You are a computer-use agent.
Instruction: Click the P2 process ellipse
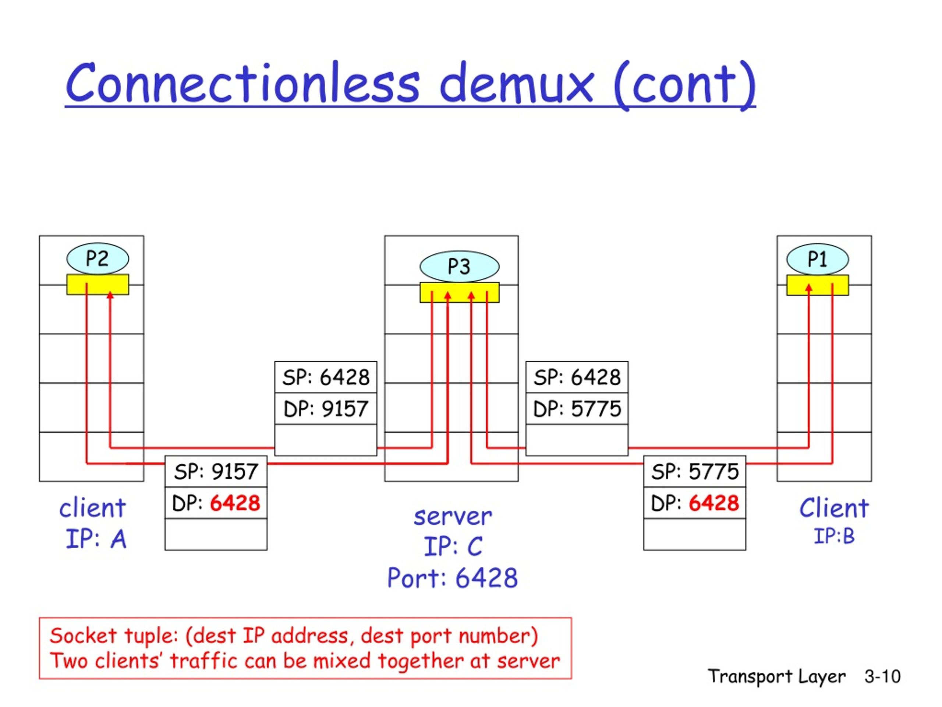pos(98,258)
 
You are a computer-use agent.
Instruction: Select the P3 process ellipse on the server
pos(459,266)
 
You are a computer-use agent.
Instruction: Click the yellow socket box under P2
pos(98,284)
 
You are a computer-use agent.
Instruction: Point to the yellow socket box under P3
pos(459,292)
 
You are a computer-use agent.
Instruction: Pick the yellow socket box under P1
pos(817,285)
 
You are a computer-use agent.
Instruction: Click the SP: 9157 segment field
pos(216,471)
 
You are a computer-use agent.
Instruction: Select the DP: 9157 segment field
pos(326,409)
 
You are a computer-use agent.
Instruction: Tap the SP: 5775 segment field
pos(695,471)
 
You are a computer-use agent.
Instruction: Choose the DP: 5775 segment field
pos(577,409)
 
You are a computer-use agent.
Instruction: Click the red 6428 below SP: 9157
pos(235,503)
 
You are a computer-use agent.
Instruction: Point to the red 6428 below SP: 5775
pos(714,503)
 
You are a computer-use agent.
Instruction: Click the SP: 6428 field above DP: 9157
pos(326,377)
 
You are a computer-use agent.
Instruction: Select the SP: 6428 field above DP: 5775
pos(577,377)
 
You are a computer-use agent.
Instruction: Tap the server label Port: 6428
pos(452,578)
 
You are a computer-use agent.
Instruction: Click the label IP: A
pos(96,539)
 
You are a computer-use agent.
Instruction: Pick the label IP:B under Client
pos(834,536)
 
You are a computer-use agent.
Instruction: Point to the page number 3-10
pos(882,676)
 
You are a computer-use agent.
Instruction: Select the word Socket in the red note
pos(83,636)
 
